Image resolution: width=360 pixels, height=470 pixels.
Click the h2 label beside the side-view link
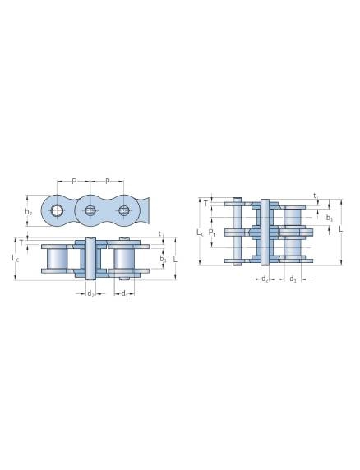pos(29,212)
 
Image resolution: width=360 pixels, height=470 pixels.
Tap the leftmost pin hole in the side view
pos(57,211)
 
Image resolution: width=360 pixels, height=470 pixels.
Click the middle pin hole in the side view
pos(90,211)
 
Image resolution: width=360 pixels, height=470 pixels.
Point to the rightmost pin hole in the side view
pos(124,211)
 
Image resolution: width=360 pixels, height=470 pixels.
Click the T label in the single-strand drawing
pos(21,244)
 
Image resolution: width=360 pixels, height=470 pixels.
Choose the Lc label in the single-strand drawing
pos(16,259)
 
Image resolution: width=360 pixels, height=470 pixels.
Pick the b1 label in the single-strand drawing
pos(164,259)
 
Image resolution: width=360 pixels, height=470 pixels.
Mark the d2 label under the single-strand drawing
pos(90,293)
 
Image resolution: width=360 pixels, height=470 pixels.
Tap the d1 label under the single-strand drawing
pos(123,293)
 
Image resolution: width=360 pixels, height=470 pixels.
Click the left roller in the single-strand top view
pos(57,259)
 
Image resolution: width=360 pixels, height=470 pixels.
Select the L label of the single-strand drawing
pos(176,259)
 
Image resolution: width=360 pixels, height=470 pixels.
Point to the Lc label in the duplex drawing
pos(201,233)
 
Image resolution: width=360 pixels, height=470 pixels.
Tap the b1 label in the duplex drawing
pos(329,218)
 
